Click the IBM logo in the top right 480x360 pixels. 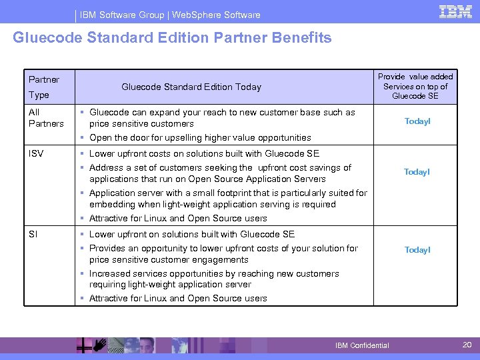[455, 11]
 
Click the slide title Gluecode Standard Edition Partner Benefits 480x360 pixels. [172, 38]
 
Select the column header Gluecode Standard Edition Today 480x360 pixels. [191, 87]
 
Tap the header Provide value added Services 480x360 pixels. [415, 87]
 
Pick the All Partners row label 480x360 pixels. [46, 118]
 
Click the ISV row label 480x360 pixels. [36, 154]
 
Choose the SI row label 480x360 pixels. [33, 234]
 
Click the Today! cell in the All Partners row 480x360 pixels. [417, 121]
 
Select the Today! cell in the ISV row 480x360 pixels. [417, 172]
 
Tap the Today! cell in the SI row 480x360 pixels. [417, 250]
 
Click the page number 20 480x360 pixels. [466, 345]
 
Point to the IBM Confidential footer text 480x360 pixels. [362, 345]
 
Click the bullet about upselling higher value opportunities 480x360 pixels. [200, 137]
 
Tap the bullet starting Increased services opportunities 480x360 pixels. [213, 279]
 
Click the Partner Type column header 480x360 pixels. [44, 87]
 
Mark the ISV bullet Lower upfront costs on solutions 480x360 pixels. [204, 153]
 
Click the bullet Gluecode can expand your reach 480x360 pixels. [222, 118]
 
